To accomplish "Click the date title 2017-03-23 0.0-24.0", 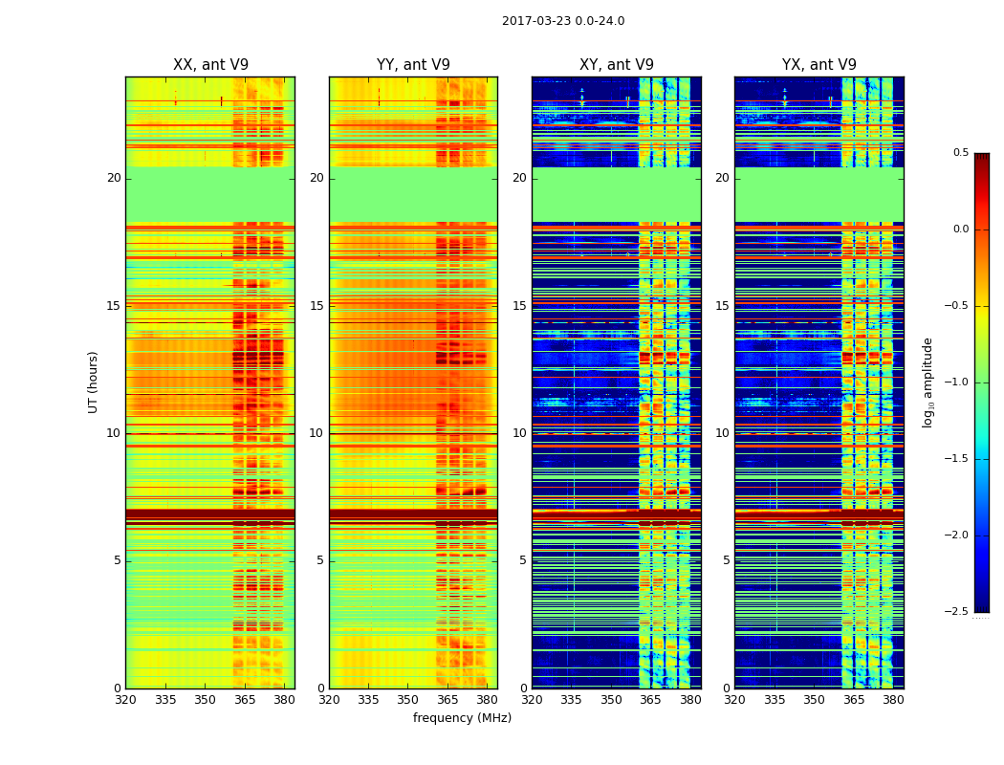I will pyautogui.click(x=563, y=21).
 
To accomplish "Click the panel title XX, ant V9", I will pyautogui.click(x=210, y=65).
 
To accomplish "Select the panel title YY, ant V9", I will pyautogui.click(x=413, y=65).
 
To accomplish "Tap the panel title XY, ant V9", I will pyautogui.click(x=617, y=65).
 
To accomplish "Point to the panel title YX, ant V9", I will pyautogui.click(x=819, y=65).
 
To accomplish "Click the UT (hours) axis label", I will pyautogui.click(x=93, y=382).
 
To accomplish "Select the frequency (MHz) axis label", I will pyautogui.click(x=462, y=718).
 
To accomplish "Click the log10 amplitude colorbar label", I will pyautogui.click(x=928, y=382).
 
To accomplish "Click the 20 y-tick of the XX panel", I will pyautogui.click(x=114, y=178).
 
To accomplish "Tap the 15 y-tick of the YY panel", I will pyautogui.click(x=316, y=306).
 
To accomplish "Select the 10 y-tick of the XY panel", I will pyautogui.click(x=519, y=433).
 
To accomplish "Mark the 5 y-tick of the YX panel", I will pyautogui.click(x=726, y=560).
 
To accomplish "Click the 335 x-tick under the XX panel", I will pyautogui.click(x=165, y=700).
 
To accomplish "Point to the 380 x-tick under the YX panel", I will pyautogui.click(x=893, y=700).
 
